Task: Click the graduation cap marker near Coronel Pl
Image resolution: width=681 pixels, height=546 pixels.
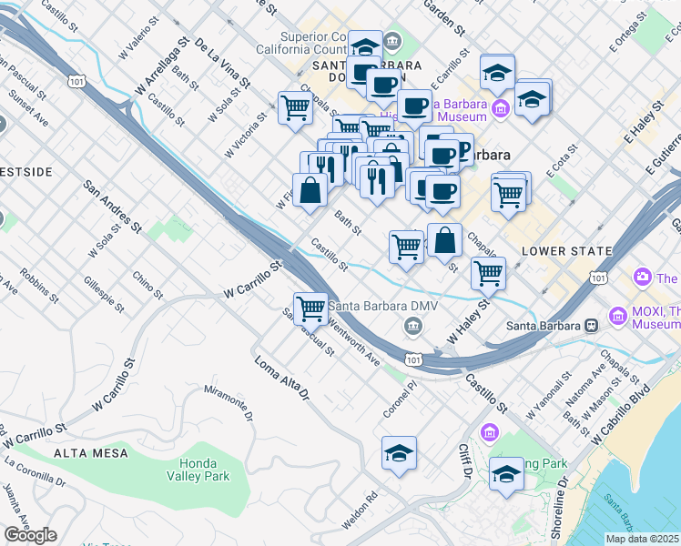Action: [x=399, y=454]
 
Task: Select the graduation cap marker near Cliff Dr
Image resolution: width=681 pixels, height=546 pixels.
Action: [x=506, y=474]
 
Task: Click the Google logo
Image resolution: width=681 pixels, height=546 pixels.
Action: [x=30, y=535]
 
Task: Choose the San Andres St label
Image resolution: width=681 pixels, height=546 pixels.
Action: [x=114, y=206]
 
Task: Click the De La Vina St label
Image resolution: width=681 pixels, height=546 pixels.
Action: [x=222, y=63]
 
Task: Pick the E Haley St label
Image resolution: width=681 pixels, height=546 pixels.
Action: [x=642, y=124]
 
